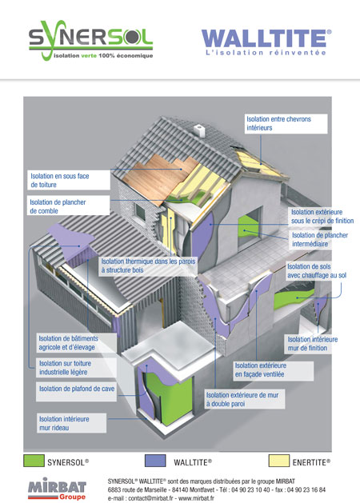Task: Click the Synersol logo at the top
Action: pos(91,40)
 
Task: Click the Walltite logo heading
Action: pos(266,38)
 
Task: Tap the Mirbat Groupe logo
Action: pos(57,489)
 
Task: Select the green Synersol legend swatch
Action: pos(34,461)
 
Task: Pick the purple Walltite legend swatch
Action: pos(155,461)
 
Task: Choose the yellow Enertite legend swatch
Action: pos(279,461)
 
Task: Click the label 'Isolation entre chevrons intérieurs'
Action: pos(279,123)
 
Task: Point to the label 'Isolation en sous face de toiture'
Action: pos(60,180)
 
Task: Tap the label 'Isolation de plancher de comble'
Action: pos(58,206)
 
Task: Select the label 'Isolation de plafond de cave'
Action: pos(77,389)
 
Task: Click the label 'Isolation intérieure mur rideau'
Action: pos(64,423)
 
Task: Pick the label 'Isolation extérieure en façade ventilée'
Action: pos(261,370)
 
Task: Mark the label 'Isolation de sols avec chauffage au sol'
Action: pos(317,271)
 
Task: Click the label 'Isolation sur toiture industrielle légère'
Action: pos(65,368)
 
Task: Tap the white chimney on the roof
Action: pos(199,131)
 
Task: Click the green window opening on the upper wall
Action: pos(248,225)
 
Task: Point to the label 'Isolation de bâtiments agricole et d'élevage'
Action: pos(68,342)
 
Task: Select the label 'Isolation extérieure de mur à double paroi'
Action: pos(242,399)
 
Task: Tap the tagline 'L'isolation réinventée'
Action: pos(266,53)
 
